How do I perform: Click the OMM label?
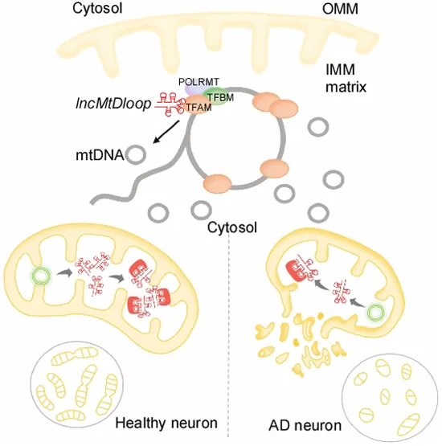pyautogui.click(x=340, y=9)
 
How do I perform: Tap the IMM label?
pyautogui.click(x=340, y=70)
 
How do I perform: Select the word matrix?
pyautogui.click(x=346, y=87)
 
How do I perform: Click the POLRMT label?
pyautogui.click(x=198, y=82)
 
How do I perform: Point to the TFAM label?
pyautogui.click(x=198, y=108)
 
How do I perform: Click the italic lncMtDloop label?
pyautogui.click(x=113, y=104)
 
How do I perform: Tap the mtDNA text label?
pyautogui.click(x=100, y=155)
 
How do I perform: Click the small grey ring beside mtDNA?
pyautogui.click(x=136, y=154)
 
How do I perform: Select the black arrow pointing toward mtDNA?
pyautogui.click(x=166, y=132)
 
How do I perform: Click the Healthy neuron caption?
pyautogui.click(x=166, y=423)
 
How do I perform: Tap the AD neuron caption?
pyautogui.click(x=305, y=426)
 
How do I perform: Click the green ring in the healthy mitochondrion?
pyautogui.click(x=42, y=276)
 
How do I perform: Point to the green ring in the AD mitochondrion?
pyautogui.click(x=376, y=313)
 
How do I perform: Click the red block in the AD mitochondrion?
pyautogui.click(x=297, y=272)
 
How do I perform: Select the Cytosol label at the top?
pyautogui.click(x=97, y=8)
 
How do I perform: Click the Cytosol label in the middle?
pyautogui.click(x=232, y=227)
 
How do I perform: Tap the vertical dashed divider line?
pyautogui.click(x=228, y=336)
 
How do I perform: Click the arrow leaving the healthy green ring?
pyautogui.click(x=64, y=273)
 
